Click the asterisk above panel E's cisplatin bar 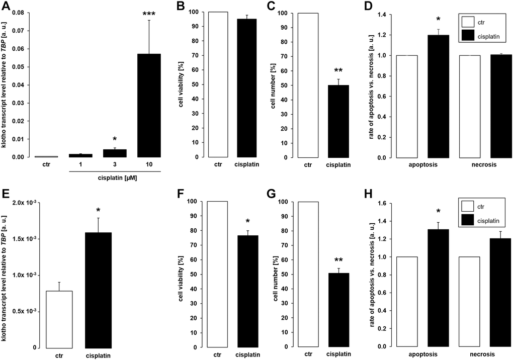pyautogui.click(x=98, y=210)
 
